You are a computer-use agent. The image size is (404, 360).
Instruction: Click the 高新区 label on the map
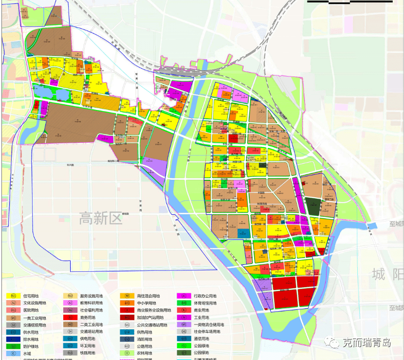(101, 218)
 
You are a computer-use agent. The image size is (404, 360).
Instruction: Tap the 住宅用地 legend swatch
(13, 296)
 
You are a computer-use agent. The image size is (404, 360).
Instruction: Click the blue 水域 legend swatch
(13, 352)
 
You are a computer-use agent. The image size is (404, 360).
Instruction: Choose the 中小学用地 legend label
(147, 303)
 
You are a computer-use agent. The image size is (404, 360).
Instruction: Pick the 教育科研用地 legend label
(92, 303)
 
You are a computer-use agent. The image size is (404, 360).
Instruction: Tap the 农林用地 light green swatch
(127, 352)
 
